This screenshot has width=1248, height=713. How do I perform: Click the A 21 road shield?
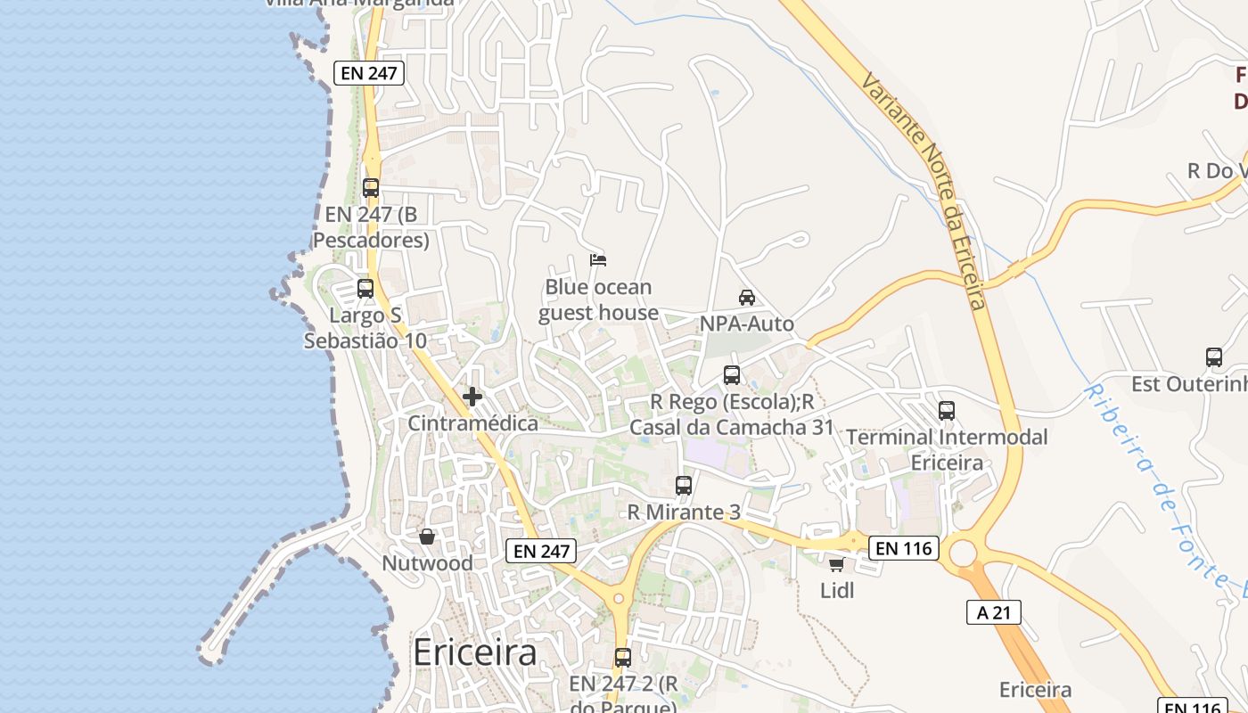[x=993, y=611]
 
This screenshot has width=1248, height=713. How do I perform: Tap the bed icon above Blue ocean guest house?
[x=598, y=260]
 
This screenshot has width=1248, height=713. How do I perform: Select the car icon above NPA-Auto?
[x=747, y=297]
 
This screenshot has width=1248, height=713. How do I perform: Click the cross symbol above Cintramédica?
[x=472, y=397]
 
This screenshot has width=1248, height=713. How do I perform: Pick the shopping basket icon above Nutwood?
[x=427, y=537]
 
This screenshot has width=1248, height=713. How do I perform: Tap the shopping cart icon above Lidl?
[x=836, y=564]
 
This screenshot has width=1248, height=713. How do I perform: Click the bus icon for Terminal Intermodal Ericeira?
[x=947, y=411]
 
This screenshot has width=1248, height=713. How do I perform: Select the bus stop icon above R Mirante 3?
[x=684, y=486]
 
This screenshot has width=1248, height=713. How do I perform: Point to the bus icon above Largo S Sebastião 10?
[x=365, y=289]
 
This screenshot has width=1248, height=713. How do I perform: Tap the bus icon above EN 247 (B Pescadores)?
[x=371, y=188]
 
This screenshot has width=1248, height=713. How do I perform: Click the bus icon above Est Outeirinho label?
[x=1214, y=357]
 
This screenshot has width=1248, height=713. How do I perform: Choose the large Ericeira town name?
[x=475, y=653]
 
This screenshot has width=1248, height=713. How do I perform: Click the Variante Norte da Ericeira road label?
[x=925, y=192]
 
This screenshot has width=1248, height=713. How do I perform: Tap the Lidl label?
[x=837, y=590]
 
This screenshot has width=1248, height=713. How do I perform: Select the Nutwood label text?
[x=427, y=563]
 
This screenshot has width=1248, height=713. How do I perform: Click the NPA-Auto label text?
[x=747, y=324]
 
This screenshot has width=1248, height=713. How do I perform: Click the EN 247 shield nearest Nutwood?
[x=541, y=551]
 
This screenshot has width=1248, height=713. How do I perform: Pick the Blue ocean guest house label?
[x=598, y=300]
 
